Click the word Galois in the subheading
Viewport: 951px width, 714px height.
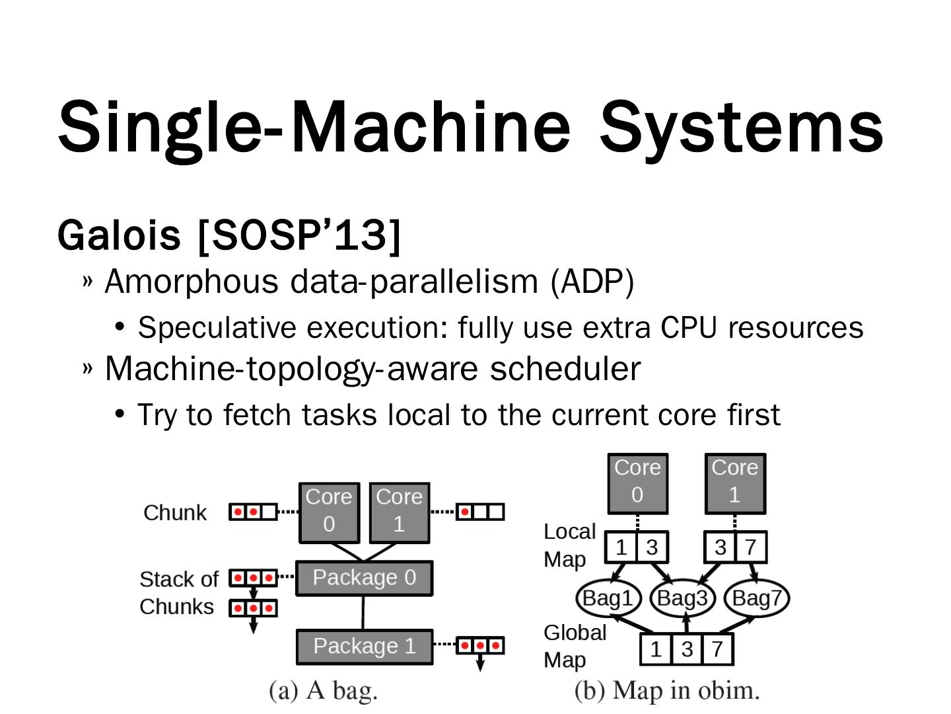(119, 235)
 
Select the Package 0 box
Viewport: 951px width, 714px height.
(364, 578)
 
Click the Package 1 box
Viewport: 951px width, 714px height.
(364, 646)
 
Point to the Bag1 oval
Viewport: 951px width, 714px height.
(608, 598)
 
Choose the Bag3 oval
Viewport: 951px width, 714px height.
(682, 598)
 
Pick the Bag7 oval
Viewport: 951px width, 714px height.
(757, 598)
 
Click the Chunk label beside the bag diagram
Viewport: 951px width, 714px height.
(175, 513)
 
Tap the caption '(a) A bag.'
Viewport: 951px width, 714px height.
(323, 690)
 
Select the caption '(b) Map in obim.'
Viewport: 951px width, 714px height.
(667, 690)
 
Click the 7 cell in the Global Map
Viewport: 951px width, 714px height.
(717, 649)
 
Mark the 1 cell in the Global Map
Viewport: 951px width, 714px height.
(656, 649)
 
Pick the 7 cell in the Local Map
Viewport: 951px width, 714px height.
(751, 547)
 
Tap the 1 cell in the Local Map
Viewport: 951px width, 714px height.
(621, 547)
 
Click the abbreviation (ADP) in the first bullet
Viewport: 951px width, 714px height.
(592, 282)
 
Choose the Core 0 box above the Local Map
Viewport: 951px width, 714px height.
(637, 483)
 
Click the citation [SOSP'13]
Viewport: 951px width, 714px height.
(299, 235)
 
